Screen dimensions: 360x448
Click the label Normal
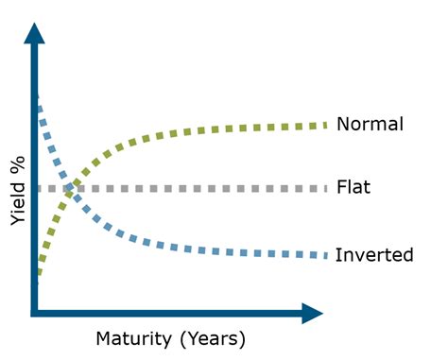370,124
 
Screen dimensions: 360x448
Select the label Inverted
374,255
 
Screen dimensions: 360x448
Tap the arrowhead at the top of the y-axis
35,32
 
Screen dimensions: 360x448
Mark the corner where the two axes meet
35,313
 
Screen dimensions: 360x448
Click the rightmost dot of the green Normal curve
325,124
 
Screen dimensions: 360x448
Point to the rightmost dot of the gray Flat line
324,188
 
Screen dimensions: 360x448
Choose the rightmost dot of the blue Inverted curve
324,255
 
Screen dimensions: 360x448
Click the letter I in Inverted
338,255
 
